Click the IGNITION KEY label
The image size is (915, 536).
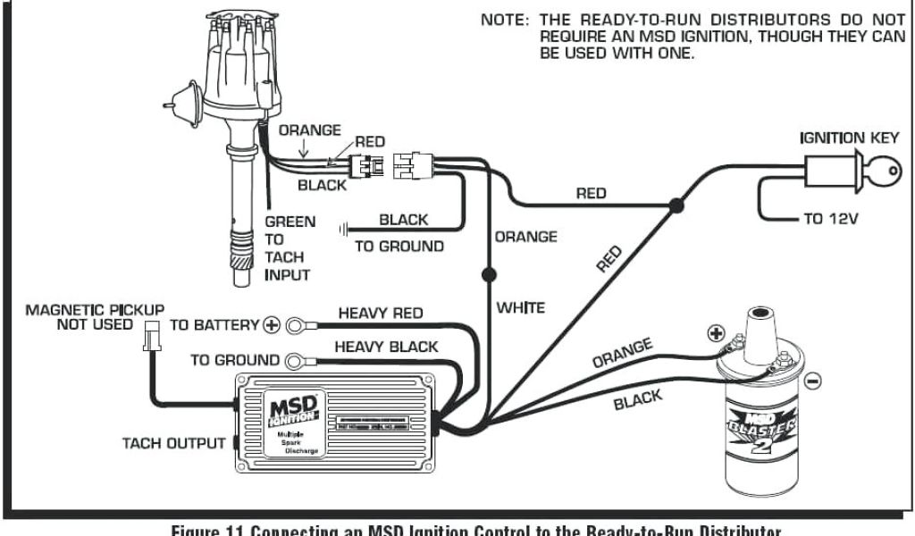(844, 138)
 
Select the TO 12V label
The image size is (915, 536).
(830, 219)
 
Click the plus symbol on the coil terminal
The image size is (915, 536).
(714, 333)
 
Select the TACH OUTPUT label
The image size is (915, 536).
(174, 443)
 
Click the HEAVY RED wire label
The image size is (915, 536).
(380, 314)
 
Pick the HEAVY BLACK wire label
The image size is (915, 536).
(386, 347)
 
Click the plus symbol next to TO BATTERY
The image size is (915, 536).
(271, 325)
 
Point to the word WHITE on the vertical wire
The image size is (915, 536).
(521, 307)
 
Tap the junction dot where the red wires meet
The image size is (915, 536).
(676, 207)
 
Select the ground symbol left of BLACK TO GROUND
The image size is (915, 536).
(344, 230)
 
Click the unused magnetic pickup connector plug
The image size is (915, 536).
(151, 338)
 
